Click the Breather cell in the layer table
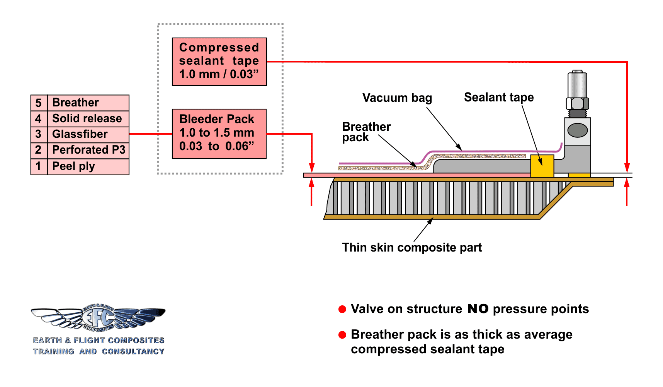(x=88, y=103)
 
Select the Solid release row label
(x=88, y=118)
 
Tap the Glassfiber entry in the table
(x=88, y=134)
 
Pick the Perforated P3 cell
(x=88, y=150)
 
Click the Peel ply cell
(x=88, y=166)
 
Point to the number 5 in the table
(x=39, y=103)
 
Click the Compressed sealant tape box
(x=219, y=61)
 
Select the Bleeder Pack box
(x=219, y=134)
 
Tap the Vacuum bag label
(x=397, y=98)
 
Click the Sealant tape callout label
(x=499, y=97)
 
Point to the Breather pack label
(x=366, y=132)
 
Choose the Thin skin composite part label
(x=412, y=247)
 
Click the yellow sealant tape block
(x=542, y=165)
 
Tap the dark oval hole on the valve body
(x=578, y=130)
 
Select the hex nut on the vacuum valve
(x=577, y=104)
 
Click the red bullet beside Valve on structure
(x=342, y=309)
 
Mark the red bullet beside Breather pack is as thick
(x=342, y=335)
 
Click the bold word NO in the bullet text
(x=478, y=309)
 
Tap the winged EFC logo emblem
(x=98, y=318)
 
